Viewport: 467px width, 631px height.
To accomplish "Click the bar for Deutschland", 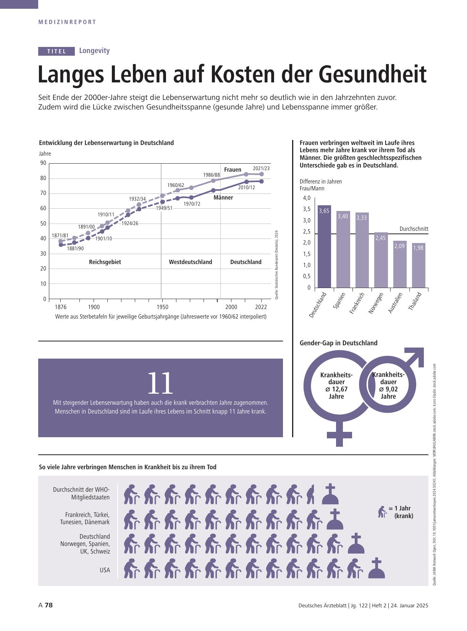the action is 324,246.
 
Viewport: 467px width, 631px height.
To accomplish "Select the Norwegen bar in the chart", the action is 381,260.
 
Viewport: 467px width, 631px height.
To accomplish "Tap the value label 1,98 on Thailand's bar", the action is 418,248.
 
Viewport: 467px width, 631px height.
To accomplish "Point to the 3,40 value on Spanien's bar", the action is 343,216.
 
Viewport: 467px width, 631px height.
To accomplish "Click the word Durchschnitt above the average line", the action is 414,229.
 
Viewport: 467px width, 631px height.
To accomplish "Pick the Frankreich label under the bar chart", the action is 357,303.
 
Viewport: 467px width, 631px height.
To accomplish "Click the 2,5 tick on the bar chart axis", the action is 307,232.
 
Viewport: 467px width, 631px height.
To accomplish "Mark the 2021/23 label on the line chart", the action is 261,168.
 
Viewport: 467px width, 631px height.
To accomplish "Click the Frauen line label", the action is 233,170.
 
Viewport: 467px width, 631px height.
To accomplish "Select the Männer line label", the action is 223,198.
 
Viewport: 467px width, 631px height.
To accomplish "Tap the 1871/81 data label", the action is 60,235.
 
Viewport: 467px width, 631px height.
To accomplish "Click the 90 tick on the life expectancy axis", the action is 43,163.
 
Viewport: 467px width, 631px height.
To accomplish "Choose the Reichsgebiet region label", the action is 105,262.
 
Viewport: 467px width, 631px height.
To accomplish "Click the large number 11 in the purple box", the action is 160,383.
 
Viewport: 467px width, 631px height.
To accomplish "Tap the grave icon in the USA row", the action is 377,568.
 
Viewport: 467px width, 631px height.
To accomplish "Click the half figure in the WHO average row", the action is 310,494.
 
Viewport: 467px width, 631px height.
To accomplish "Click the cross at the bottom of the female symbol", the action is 339,435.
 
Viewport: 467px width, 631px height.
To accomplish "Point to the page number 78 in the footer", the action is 49,605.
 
